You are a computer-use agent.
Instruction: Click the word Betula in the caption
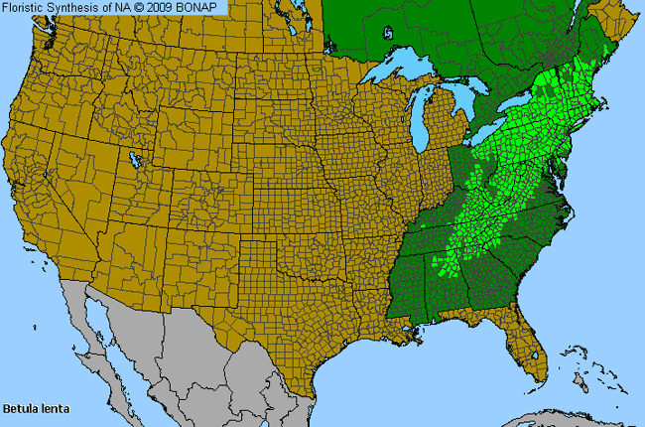pyautogui.click(x=19, y=408)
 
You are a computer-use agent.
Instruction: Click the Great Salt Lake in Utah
pyautogui.click(x=133, y=158)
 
